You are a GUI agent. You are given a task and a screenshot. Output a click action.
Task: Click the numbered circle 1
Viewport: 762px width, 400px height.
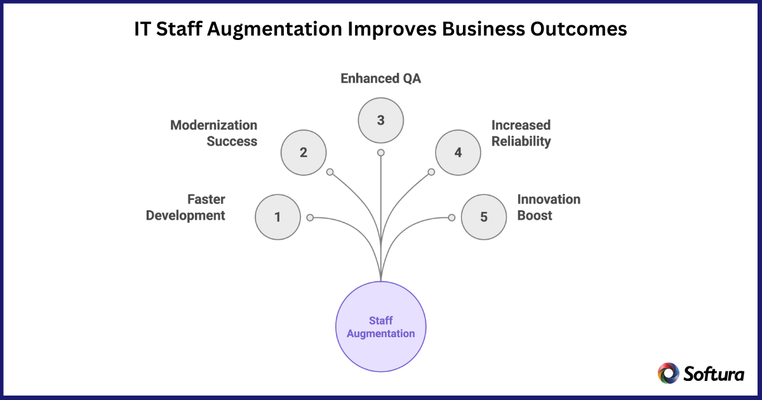pyautogui.click(x=277, y=217)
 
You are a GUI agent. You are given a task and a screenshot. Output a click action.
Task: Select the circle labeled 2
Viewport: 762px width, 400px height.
pyautogui.click(x=304, y=152)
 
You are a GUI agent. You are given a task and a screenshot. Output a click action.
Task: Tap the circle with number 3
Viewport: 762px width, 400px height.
pyautogui.click(x=381, y=119)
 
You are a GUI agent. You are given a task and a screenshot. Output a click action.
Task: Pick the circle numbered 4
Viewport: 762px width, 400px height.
pyautogui.click(x=458, y=152)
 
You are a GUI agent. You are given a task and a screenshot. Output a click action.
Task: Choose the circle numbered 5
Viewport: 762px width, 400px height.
pyautogui.click(x=484, y=217)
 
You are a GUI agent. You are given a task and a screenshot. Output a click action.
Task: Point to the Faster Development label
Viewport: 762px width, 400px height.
pyautogui.click(x=186, y=208)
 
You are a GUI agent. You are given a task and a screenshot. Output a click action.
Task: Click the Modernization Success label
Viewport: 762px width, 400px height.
pyautogui.click(x=214, y=133)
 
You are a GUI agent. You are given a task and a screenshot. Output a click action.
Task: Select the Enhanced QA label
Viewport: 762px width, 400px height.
pyautogui.click(x=381, y=79)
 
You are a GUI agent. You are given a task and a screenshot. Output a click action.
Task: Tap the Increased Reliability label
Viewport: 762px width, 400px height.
pyautogui.click(x=521, y=133)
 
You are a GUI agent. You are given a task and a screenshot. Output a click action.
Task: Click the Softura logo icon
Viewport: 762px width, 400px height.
pyautogui.click(x=669, y=373)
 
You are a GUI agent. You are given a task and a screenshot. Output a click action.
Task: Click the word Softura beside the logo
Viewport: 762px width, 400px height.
pyautogui.click(x=714, y=374)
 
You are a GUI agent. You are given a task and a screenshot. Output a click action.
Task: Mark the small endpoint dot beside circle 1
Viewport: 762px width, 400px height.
pyautogui.click(x=310, y=217)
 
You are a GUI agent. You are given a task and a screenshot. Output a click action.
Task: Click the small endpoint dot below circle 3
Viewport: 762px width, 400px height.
pyautogui.click(x=381, y=152)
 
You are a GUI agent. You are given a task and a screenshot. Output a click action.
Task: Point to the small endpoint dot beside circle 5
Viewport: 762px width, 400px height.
pyautogui.click(x=451, y=217)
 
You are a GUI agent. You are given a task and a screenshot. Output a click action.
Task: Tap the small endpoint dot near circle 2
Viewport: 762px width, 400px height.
pyautogui.click(x=330, y=172)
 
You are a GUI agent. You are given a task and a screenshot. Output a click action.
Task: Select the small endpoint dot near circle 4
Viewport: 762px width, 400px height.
pyautogui.click(x=432, y=172)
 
